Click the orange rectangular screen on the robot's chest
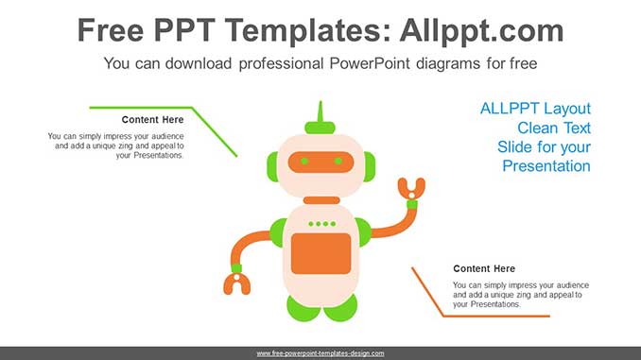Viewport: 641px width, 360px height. point(320,253)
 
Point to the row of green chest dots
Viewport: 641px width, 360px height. point(321,224)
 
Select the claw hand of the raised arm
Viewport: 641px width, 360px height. point(409,191)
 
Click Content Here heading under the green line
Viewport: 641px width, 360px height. point(153,120)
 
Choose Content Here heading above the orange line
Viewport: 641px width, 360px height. point(484,268)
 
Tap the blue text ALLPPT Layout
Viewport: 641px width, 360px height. point(535,108)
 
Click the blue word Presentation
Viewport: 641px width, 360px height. point(546,166)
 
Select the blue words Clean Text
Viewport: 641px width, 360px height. point(554,128)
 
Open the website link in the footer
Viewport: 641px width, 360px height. point(320,353)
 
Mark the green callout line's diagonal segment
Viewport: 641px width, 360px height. point(216,132)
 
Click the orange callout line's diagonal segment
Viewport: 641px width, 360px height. point(427,291)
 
